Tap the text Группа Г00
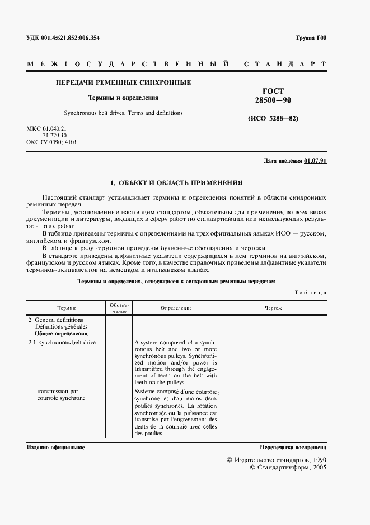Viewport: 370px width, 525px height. point(311,38)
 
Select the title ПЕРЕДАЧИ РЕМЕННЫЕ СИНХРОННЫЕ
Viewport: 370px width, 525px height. point(123,82)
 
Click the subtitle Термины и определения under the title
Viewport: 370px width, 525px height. point(123,98)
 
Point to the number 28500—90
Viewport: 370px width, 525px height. point(273,100)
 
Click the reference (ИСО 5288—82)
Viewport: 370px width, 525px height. point(273,119)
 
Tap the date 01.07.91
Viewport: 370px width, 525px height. point(315,161)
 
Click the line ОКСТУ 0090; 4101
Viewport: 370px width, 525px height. point(51,142)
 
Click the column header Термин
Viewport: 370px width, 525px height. point(67,308)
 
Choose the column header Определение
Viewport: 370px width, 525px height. point(176,308)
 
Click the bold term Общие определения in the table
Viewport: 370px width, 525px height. point(60,333)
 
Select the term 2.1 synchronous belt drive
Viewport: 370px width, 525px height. point(61,342)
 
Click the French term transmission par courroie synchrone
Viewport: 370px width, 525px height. point(61,394)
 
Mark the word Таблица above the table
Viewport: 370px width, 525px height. point(310,293)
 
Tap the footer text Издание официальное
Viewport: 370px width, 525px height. point(55,447)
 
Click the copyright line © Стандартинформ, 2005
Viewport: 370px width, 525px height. point(287,467)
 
